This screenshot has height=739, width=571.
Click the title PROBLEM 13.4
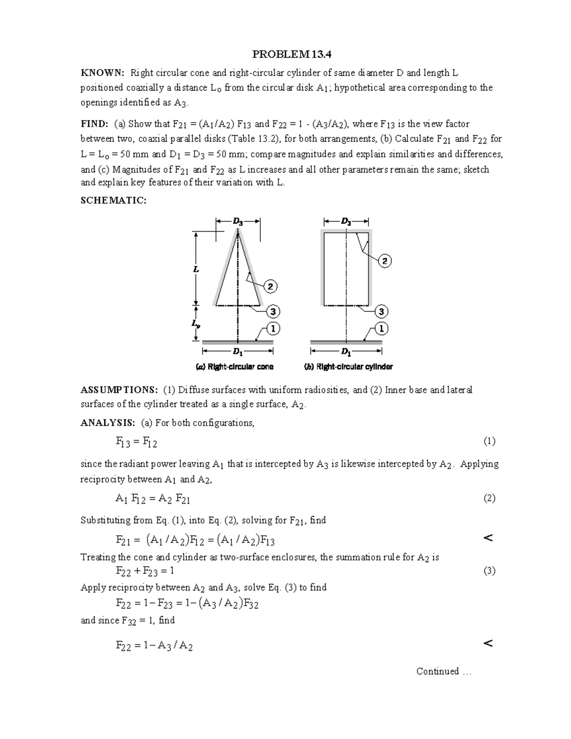pos(291,54)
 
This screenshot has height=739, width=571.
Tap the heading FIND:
pos(94,124)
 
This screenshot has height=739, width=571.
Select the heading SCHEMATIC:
pos(113,200)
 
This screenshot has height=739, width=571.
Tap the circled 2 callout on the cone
pos(270,286)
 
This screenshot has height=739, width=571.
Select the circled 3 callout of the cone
pos(272,312)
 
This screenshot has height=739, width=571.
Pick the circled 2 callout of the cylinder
pos(384,261)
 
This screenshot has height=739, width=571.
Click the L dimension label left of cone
pos(196,269)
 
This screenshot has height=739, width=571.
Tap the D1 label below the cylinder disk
pos(346,352)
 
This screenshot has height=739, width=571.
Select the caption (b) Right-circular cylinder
pos(348,367)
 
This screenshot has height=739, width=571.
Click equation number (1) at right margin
pos(489,441)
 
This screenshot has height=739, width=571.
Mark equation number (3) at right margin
pos(489,571)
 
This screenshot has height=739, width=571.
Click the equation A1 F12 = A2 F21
pos(153,498)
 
